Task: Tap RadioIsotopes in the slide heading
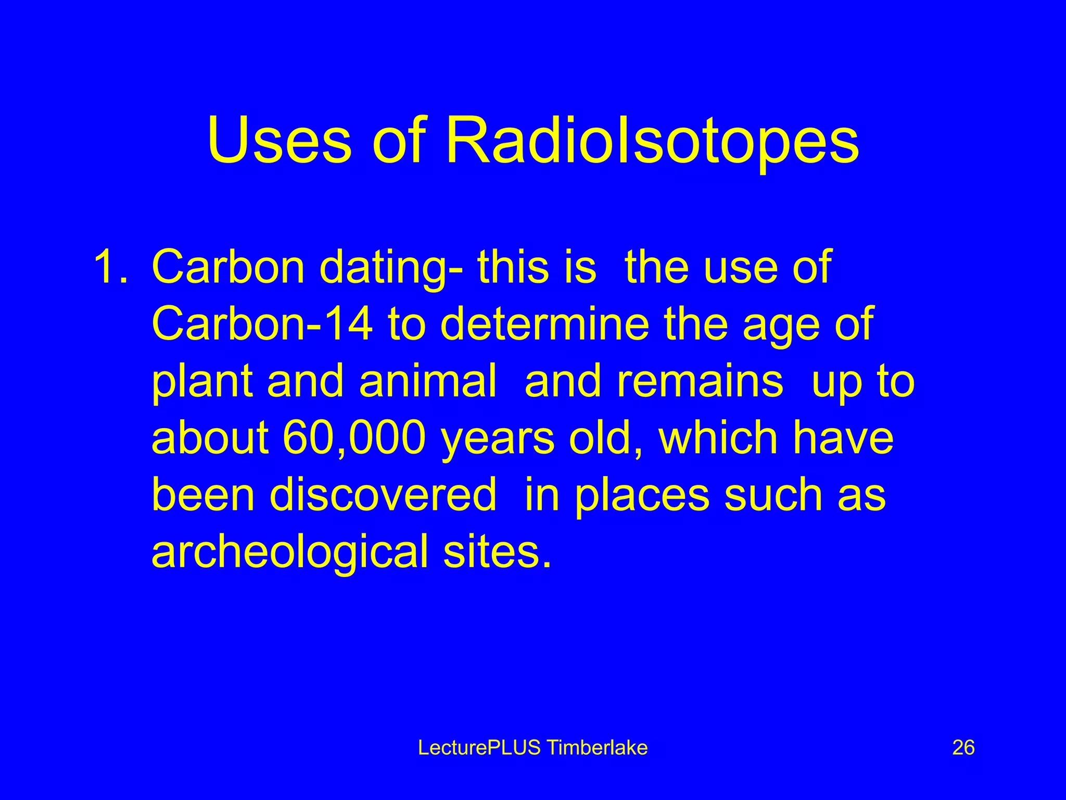(652, 141)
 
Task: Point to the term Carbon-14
(262, 324)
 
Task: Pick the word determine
(545, 324)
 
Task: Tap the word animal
(427, 381)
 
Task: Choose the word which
(718, 438)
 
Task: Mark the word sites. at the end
(497, 552)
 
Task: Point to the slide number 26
(963, 748)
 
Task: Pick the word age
(781, 324)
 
